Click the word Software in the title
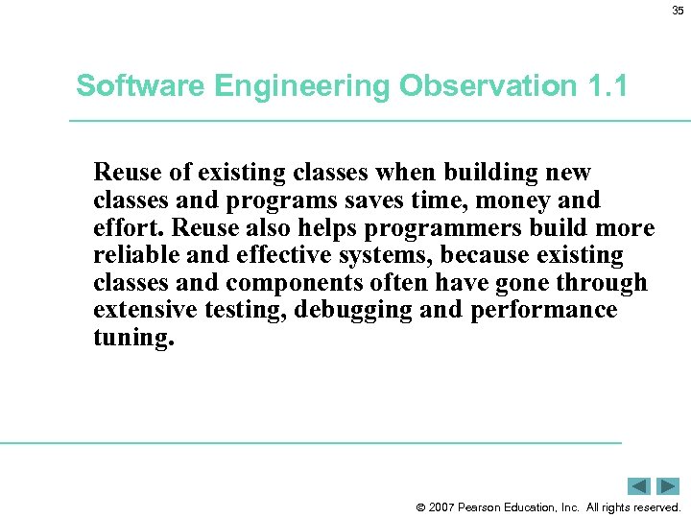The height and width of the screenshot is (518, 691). [136, 86]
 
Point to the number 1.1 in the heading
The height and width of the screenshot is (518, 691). [606, 86]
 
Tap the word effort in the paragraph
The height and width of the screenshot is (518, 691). [127, 228]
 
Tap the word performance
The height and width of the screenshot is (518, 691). [544, 312]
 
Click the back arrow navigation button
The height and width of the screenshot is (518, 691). [639, 486]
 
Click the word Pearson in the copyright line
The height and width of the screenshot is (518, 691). [489, 507]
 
